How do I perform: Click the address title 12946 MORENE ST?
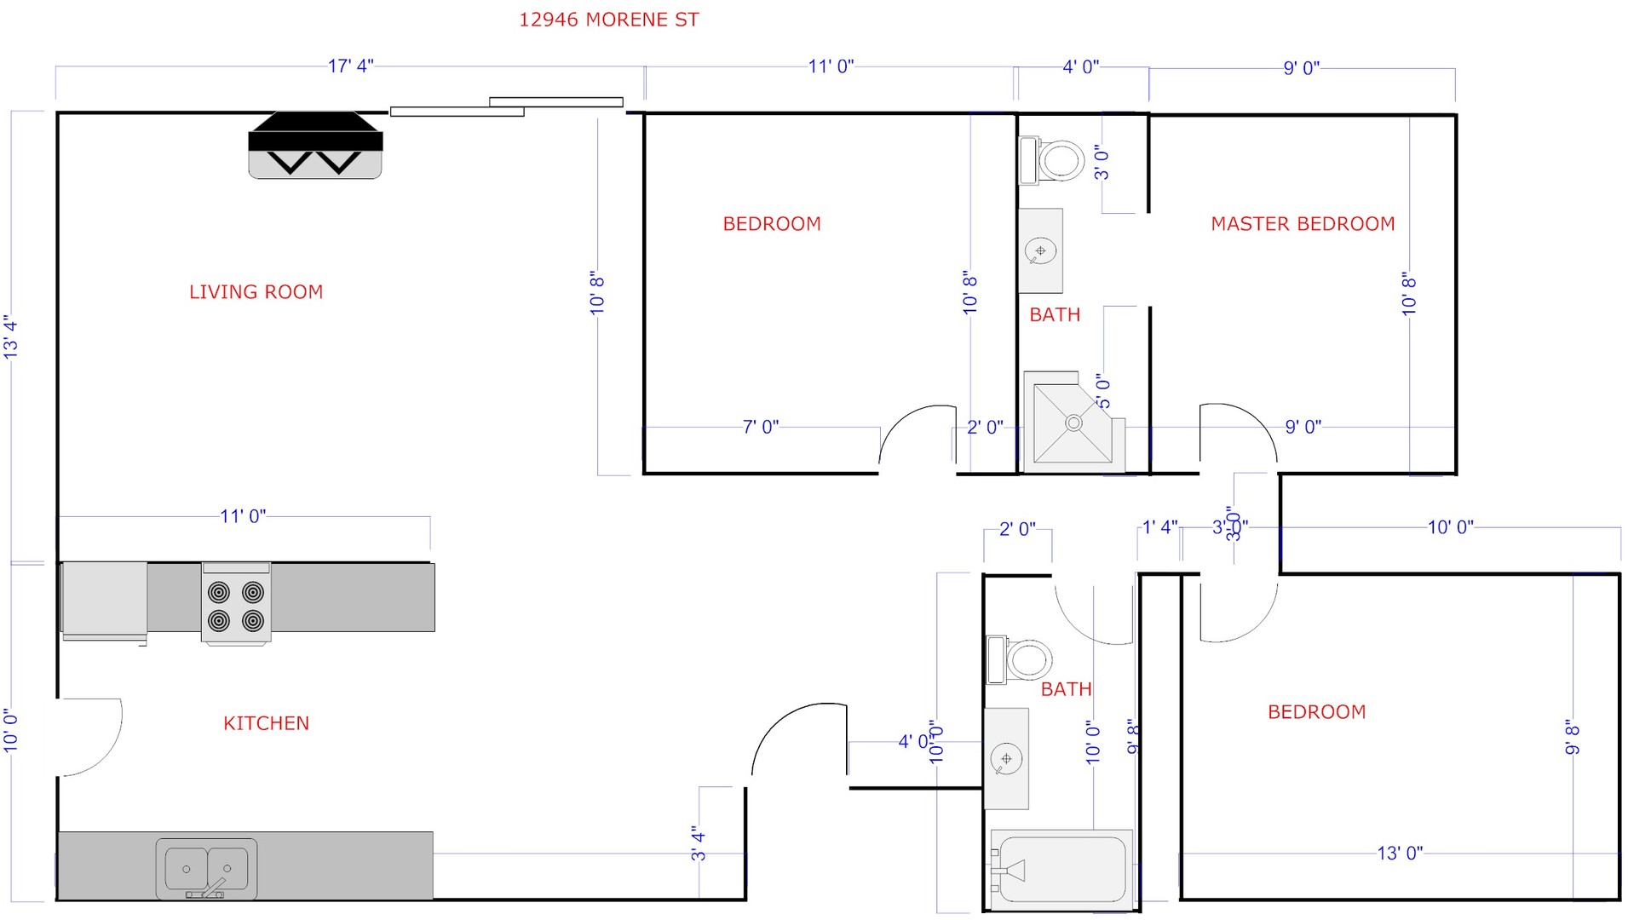(608, 20)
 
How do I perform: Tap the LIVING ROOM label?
(256, 292)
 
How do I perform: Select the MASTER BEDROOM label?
(1303, 224)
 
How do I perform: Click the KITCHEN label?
(266, 723)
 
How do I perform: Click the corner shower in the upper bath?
(1072, 424)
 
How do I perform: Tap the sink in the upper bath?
(1040, 251)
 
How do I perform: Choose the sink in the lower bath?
(1006, 758)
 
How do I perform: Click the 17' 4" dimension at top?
(350, 66)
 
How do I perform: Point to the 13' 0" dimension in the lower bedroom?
(1399, 853)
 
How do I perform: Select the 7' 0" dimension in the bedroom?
(760, 427)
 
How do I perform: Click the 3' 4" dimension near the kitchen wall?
(699, 843)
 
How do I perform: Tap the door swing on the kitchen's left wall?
(90, 737)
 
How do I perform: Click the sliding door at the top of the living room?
(506, 106)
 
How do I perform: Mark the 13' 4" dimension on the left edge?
(11, 337)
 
